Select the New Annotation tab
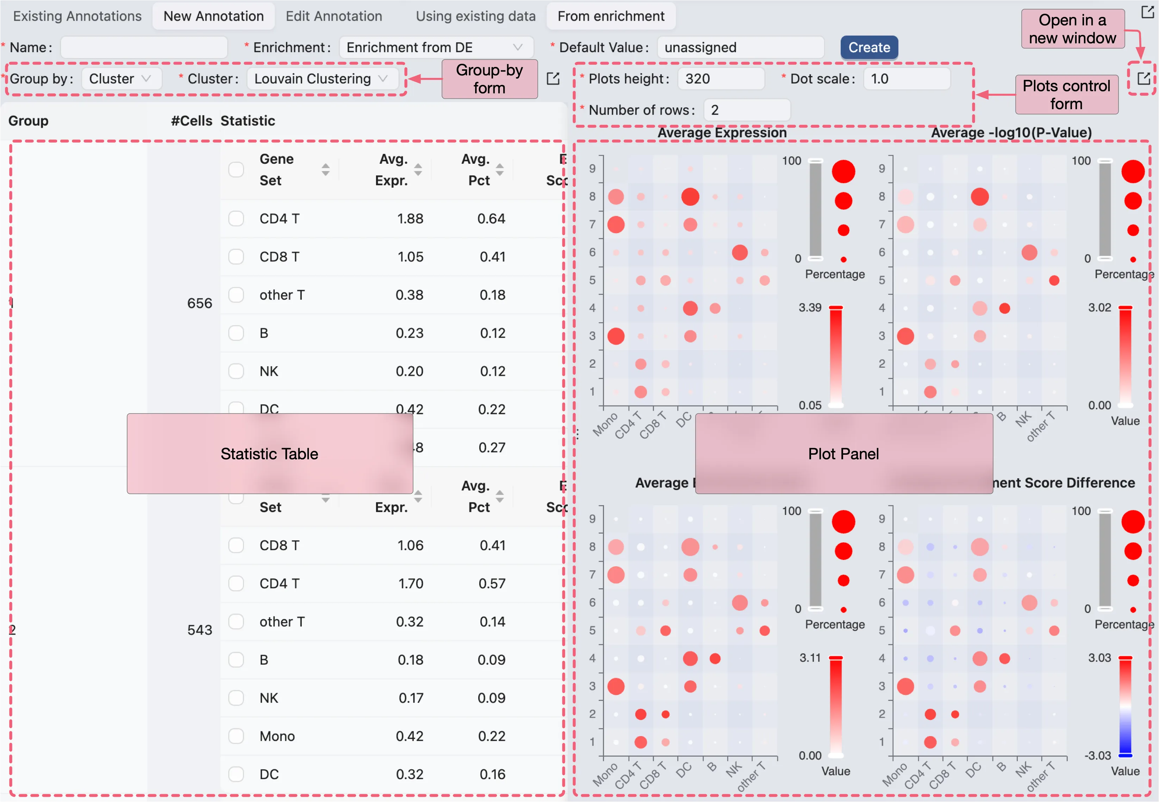point(213,17)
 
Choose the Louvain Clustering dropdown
point(322,79)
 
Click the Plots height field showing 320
point(721,79)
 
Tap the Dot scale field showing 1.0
point(906,79)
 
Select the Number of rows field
point(747,110)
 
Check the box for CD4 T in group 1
point(236,219)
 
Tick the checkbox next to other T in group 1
point(236,295)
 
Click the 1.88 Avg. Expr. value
point(410,219)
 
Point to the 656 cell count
point(199,303)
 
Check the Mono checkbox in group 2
point(236,736)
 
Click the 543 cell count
point(199,630)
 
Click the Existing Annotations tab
point(77,17)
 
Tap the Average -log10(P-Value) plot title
point(1011,133)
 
